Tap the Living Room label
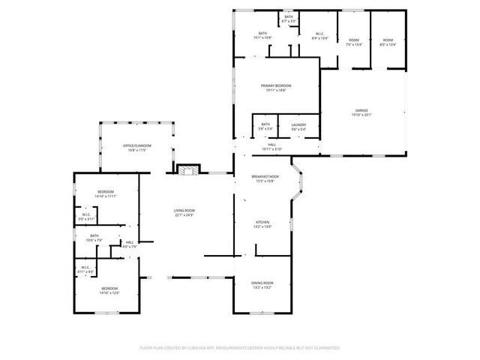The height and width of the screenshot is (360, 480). coord(184,212)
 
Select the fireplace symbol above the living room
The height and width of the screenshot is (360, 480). coord(188,169)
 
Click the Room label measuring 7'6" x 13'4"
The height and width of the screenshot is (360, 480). coord(354,42)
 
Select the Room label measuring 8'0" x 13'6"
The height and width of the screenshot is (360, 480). coord(387,42)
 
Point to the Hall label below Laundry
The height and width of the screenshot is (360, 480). coord(272,147)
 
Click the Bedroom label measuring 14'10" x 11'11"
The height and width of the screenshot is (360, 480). coord(106,194)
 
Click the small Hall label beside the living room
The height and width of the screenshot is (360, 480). coord(129,244)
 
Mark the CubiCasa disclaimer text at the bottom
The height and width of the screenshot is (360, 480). coord(240,348)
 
